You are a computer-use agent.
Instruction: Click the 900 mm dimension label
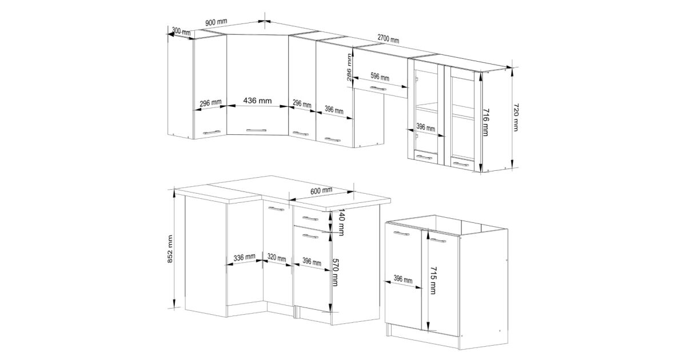tap(216, 22)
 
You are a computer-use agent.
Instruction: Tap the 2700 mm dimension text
tap(388, 39)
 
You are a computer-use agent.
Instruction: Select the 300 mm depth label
tap(181, 31)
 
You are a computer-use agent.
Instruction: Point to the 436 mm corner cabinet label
tap(257, 101)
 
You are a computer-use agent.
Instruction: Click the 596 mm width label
tap(380, 77)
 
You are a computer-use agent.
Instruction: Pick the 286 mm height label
tap(349, 67)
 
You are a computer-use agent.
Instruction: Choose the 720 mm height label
tap(516, 118)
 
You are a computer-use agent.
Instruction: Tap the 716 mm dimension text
tap(485, 122)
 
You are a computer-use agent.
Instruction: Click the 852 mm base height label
tap(170, 249)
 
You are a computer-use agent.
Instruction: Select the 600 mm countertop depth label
tap(321, 191)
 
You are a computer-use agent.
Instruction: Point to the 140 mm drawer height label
tap(341, 222)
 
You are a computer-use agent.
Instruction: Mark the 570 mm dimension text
tap(335, 273)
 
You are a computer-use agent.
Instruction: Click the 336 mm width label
tap(245, 258)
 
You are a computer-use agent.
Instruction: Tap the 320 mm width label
tap(277, 258)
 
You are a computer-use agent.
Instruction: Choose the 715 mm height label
tap(433, 281)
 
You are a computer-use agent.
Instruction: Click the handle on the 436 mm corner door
tap(256, 130)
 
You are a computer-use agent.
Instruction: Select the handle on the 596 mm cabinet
tap(378, 89)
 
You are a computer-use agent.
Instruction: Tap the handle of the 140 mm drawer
tap(310, 218)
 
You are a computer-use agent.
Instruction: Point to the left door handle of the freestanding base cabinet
tap(401, 234)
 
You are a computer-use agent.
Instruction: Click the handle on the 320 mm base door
tap(277, 209)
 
